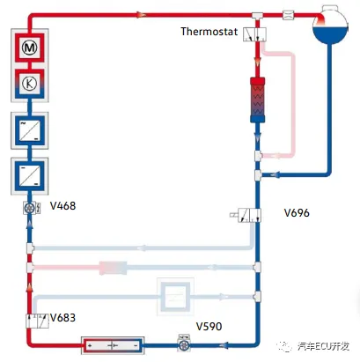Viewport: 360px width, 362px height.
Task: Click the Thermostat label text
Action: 209,32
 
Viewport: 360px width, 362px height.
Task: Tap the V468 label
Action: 62,206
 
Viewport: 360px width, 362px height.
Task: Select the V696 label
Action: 297,212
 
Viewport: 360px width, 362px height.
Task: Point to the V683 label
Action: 62,317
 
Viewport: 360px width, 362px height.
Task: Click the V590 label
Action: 209,326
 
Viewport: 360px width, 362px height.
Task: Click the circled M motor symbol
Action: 30,48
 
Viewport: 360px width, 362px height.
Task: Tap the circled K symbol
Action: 30,84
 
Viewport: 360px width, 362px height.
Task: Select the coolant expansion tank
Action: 330,26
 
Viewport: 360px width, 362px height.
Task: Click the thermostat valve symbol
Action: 254,34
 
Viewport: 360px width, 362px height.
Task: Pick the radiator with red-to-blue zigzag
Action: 257,100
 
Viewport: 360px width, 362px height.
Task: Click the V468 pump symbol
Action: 32,208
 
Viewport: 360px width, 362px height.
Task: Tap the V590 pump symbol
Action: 184,344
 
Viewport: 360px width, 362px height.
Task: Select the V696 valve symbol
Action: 246,215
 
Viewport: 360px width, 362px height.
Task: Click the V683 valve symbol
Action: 37,321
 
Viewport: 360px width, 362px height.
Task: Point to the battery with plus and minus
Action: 113,345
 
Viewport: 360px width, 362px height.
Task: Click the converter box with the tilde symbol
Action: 30,130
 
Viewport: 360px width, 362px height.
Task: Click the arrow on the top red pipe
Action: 141,14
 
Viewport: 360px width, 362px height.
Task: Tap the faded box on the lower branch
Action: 175,297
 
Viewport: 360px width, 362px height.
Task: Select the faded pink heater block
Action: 113,268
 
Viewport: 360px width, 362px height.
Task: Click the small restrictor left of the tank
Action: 288,15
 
